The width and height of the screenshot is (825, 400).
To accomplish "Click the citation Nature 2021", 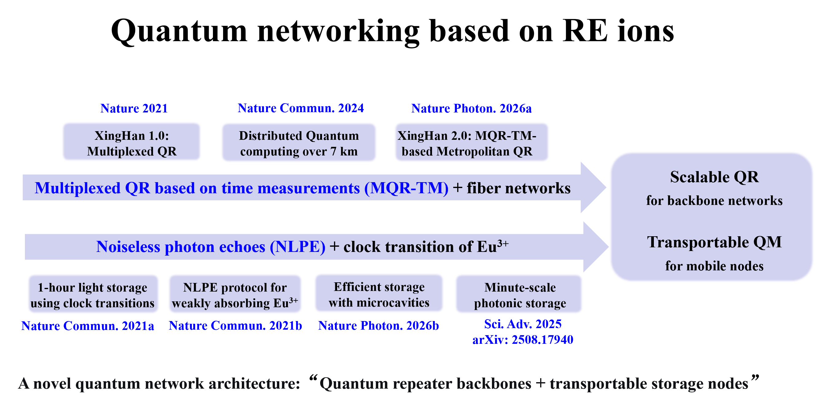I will (134, 108).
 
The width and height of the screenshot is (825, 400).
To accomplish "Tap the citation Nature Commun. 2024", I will (301, 108).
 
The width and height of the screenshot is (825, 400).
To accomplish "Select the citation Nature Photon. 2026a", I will (471, 108).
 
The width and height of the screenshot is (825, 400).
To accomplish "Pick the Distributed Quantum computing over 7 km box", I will (298, 143).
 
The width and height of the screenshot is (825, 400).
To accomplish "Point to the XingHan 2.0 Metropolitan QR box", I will (471, 143).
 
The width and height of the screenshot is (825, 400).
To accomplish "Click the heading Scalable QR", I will (714, 177).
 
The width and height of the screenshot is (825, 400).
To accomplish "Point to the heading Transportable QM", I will (714, 242).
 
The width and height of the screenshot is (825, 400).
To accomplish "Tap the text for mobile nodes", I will (714, 266).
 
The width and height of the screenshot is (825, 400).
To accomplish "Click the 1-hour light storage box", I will (92, 295).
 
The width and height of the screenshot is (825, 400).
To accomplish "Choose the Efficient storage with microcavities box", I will (379, 294).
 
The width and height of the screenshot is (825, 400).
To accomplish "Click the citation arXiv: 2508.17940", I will (522, 340).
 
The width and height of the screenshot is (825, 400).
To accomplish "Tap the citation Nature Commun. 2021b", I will (235, 326).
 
